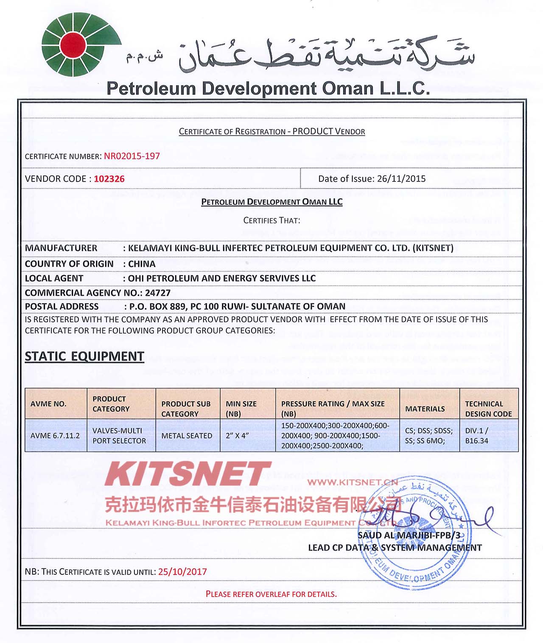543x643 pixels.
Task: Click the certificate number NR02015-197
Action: pyautogui.click(x=132, y=156)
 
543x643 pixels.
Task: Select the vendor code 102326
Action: pyautogui.click(x=109, y=179)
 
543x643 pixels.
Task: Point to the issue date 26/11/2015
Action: pyautogui.click(x=401, y=178)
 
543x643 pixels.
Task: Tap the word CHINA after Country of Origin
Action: pyautogui.click(x=142, y=264)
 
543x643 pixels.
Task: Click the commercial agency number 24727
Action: pyautogui.click(x=157, y=292)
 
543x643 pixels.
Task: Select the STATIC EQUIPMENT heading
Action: pyautogui.click(x=84, y=356)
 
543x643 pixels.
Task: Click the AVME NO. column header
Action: pyautogui.click(x=48, y=404)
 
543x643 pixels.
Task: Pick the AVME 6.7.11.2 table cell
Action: pyautogui.click(x=55, y=435)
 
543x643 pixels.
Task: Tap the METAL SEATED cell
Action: pyautogui.click(x=187, y=435)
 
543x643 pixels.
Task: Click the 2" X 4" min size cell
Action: pyautogui.click(x=237, y=435)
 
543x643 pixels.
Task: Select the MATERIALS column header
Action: pyautogui.click(x=425, y=409)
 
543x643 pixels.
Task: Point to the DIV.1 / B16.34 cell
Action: pyautogui.click(x=477, y=435)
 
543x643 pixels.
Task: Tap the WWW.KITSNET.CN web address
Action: pyautogui.click(x=353, y=482)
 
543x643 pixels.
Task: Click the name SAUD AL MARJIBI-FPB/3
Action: pyautogui.click(x=409, y=535)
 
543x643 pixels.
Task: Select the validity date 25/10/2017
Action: pyautogui.click(x=182, y=571)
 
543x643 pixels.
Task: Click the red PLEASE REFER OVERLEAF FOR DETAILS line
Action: pyautogui.click(x=271, y=594)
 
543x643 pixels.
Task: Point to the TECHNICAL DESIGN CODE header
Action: pyautogui.click(x=488, y=409)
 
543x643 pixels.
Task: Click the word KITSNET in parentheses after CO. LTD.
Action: pyautogui.click(x=433, y=248)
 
